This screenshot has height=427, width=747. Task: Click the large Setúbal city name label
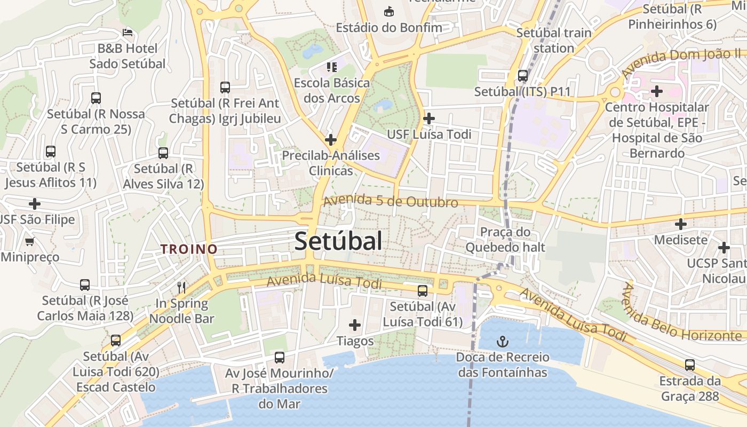[x=338, y=241]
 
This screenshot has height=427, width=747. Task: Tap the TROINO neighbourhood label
[x=189, y=249]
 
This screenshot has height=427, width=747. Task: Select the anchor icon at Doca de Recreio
[x=502, y=341]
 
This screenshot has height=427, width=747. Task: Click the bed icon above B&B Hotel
[x=127, y=33]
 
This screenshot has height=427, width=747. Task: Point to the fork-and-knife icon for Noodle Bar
[x=181, y=287]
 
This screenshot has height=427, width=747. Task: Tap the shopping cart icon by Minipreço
[x=30, y=241]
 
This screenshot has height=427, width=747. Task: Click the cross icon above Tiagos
[x=354, y=325]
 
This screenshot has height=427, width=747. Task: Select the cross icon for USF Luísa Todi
[x=428, y=118]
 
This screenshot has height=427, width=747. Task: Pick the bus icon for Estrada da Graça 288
[x=690, y=365]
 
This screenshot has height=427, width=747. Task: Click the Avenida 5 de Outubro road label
[x=391, y=201]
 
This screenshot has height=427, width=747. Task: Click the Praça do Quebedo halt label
[x=505, y=239]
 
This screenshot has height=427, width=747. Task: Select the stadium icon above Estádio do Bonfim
[x=389, y=11]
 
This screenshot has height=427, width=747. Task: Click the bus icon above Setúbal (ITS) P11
[x=523, y=75]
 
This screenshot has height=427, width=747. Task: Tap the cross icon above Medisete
[x=680, y=224]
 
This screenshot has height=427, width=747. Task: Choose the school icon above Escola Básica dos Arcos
[x=332, y=67]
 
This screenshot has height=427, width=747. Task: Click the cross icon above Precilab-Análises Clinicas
[x=331, y=140]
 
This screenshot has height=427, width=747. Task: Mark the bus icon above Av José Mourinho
[x=280, y=357]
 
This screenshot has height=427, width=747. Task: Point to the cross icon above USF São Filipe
[x=35, y=203]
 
